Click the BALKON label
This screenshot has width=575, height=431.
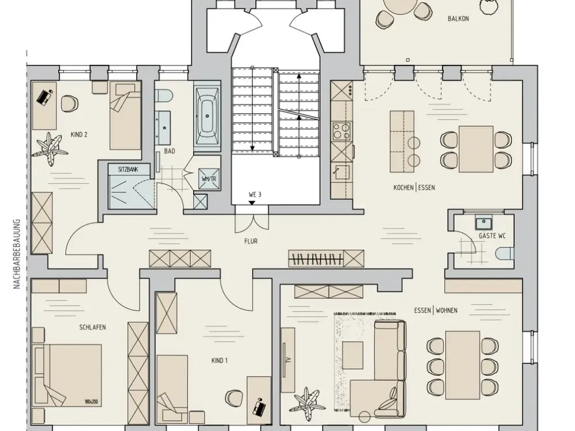458,18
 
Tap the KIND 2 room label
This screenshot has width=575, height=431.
79,134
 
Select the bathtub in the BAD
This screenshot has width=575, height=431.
207,116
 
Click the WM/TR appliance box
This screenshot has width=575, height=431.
209,179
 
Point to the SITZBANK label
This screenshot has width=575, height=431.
128,170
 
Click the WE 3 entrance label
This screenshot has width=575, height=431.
255,195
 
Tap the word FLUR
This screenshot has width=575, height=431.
251,241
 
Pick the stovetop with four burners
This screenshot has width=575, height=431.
341,131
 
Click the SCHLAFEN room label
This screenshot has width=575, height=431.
93,327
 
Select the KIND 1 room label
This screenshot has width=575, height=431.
219,361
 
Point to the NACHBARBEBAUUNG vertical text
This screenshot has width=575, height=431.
17,254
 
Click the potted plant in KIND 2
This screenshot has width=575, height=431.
49,149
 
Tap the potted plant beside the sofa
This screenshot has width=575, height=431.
306,400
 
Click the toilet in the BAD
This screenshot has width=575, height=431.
163,96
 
